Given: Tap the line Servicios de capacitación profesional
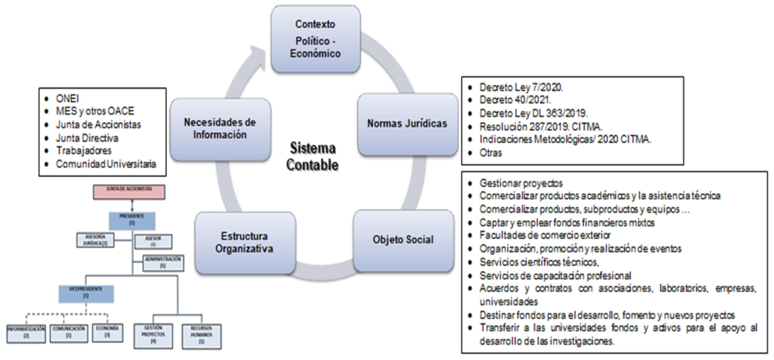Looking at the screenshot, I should (555, 276).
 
